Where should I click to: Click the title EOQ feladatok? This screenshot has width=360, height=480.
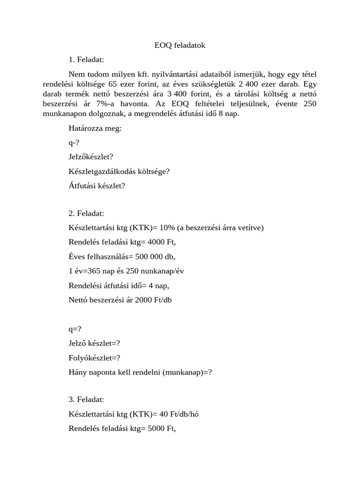180,45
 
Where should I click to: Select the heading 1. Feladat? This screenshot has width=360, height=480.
86,60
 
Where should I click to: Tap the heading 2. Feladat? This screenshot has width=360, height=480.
86,213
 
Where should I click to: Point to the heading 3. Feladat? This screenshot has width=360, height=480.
86,399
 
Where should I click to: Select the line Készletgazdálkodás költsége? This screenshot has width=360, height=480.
119,171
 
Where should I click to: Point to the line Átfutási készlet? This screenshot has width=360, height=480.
97,186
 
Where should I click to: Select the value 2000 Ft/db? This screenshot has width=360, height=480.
153,300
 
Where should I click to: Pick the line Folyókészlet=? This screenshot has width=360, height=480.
94,358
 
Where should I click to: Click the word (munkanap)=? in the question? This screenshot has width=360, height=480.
187,372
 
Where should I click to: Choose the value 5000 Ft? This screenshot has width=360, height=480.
161,428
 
